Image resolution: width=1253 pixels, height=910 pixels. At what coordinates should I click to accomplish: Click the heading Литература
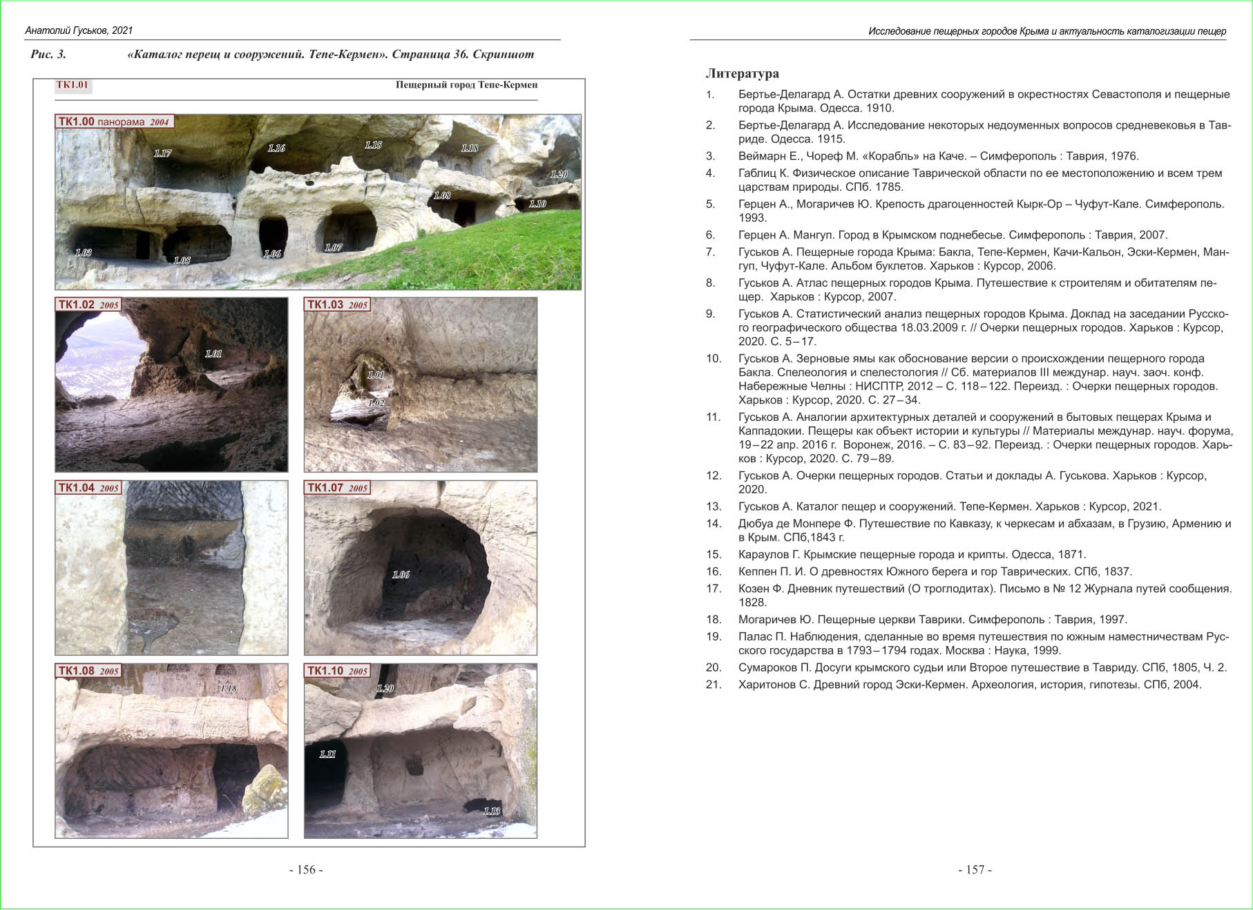click(x=742, y=73)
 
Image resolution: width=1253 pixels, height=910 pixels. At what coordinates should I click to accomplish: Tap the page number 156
click(x=306, y=870)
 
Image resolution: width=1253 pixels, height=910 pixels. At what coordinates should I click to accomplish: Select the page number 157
click(x=975, y=870)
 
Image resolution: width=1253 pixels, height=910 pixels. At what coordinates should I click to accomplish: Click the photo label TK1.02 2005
click(x=88, y=305)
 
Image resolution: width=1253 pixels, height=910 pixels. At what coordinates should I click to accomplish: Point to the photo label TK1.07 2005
click(x=337, y=488)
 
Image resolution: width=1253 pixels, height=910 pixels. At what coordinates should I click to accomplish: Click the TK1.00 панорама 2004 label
click(x=114, y=122)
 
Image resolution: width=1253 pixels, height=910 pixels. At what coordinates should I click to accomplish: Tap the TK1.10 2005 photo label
click(x=337, y=671)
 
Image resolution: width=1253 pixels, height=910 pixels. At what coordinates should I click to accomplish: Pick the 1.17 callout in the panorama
click(x=162, y=153)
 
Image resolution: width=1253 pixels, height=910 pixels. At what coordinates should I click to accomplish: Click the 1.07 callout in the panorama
click(x=333, y=247)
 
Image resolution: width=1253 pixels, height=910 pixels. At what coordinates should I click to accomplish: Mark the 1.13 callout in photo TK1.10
click(x=491, y=811)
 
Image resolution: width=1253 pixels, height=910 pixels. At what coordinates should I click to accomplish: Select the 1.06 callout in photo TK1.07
click(x=401, y=575)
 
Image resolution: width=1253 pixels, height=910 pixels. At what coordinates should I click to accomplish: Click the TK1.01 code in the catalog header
click(x=73, y=85)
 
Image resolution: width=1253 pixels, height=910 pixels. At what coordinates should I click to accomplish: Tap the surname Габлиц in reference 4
click(x=757, y=173)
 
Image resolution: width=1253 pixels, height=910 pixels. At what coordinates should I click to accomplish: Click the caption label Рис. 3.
click(x=48, y=54)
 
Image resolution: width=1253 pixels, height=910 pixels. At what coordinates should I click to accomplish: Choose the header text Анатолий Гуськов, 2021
click(x=79, y=30)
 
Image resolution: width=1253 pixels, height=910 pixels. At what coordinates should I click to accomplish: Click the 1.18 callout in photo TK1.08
click(x=228, y=688)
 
